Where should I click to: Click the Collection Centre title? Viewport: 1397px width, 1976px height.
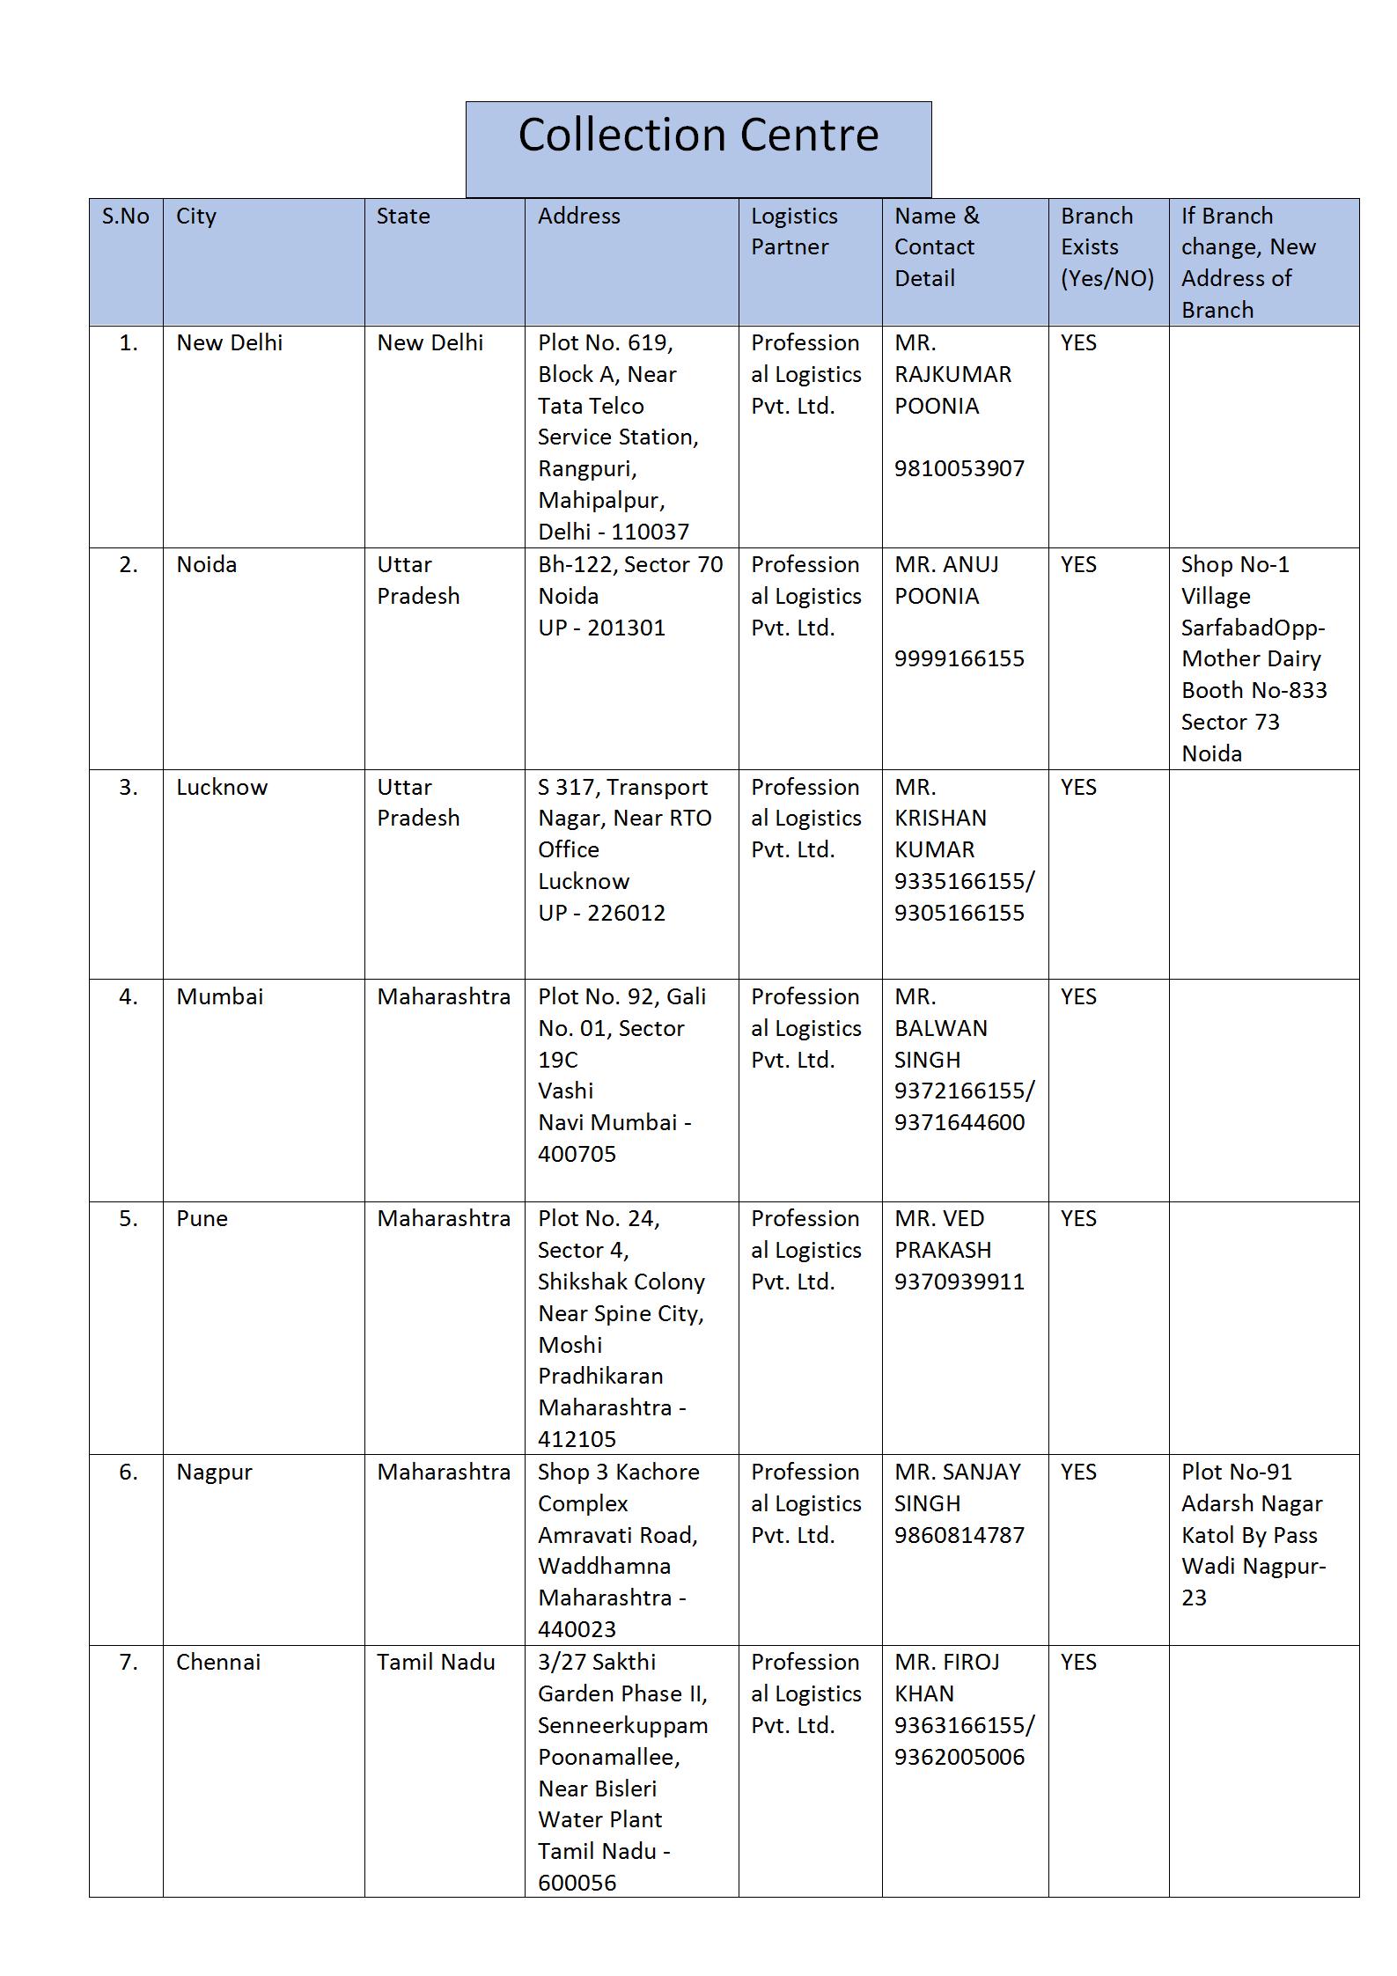[x=698, y=136]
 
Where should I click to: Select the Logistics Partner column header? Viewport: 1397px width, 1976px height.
[x=793, y=231]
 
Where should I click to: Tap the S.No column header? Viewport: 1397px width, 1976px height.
[x=126, y=217]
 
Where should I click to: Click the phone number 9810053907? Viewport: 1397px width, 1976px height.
[x=960, y=468]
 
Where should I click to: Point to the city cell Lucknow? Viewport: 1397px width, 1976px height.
[x=222, y=787]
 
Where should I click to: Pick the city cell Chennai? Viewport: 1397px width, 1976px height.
[x=218, y=1662]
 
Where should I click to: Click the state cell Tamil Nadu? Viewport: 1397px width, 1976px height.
[x=436, y=1662]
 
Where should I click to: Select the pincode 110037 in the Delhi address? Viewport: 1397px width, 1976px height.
[x=651, y=532]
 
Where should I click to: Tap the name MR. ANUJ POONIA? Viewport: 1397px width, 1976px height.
[x=947, y=580]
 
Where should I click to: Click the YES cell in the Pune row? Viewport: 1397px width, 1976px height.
[x=1078, y=1218]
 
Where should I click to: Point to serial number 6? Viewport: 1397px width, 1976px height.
[x=129, y=1472]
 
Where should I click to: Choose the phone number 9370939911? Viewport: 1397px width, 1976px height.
[x=960, y=1282]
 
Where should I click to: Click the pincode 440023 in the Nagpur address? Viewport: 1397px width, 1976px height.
[x=577, y=1629]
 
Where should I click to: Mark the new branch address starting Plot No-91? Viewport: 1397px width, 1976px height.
[x=1254, y=1534]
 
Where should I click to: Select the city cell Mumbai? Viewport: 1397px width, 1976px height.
[x=219, y=996]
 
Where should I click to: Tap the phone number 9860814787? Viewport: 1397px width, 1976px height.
[x=960, y=1535]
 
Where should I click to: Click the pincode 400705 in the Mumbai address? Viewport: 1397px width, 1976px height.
[x=577, y=1154]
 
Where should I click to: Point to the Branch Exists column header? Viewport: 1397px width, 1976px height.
[x=1107, y=247]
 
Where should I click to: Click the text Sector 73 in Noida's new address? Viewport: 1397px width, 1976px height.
[x=1230, y=722]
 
